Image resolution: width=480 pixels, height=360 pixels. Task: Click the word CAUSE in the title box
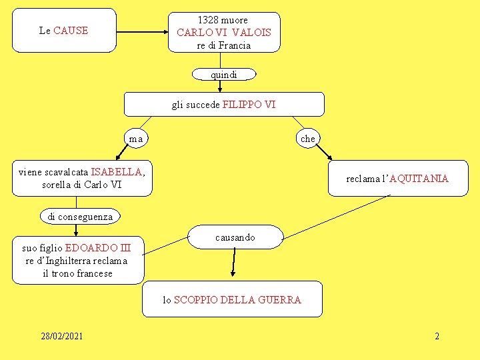coord(71,31)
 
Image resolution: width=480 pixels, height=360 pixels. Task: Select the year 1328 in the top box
coord(207,20)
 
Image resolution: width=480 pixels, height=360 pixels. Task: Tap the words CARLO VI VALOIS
coord(224,33)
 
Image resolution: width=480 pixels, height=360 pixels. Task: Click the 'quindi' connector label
coord(223,75)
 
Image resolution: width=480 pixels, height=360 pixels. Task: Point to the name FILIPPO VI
coord(249,105)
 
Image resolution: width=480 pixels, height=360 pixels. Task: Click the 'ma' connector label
coord(136,139)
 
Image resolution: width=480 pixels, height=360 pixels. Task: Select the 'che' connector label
coord(307,139)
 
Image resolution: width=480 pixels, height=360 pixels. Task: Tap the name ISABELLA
coord(116,172)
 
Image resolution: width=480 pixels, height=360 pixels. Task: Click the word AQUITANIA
coord(419,179)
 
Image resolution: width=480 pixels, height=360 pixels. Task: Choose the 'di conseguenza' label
coord(80,217)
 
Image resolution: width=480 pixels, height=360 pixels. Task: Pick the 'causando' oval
coord(235,237)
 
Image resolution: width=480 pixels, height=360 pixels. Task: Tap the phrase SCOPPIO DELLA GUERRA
coord(237,300)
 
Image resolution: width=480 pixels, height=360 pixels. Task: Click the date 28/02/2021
coord(61,336)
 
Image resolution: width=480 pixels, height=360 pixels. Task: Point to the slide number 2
coord(437,336)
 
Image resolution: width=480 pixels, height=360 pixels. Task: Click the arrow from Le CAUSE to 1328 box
coord(141,31)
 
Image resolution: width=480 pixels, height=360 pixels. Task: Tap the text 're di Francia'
coord(224,45)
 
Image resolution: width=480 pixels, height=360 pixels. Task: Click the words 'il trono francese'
coord(77,273)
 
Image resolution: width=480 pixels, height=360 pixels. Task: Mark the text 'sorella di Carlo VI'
coord(81,185)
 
